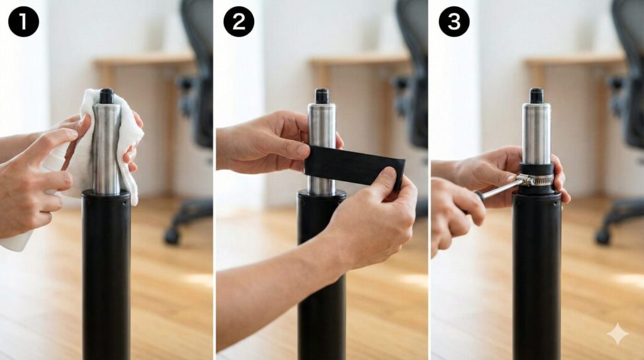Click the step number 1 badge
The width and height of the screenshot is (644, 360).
pyautogui.click(x=23, y=21)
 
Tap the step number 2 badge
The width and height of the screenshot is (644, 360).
pyautogui.click(x=238, y=21)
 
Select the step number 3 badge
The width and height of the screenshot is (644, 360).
pyautogui.click(x=454, y=21)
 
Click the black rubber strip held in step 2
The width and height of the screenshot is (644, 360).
pyautogui.click(x=355, y=166)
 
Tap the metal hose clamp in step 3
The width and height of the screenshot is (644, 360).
pyautogui.click(x=534, y=179)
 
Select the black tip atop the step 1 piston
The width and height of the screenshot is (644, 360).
pyautogui.click(x=106, y=96)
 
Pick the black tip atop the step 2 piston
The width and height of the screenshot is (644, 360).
pyautogui.click(x=321, y=96)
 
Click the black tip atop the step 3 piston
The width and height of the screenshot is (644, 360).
pyautogui.click(x=536, y=96)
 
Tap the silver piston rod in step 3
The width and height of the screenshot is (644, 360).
pyautogui.click(x=536, y=132)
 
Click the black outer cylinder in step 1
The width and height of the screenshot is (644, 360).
pyautogui.click(x=106, y=274)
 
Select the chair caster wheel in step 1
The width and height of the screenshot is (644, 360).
pyautogui.click(x=172, y=235)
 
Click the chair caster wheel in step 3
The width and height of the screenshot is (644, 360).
pyautogui.click(x=604, y=236)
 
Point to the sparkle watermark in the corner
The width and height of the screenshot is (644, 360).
pyautogui.click(x=618, y=334)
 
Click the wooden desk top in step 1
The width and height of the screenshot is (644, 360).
pyautogui.click(x=144, y=60)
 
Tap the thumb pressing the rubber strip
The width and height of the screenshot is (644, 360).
pyautogui.click(x=387, y=181)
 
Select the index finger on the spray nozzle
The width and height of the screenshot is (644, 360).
pyautogui.click(x=49, y=144)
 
